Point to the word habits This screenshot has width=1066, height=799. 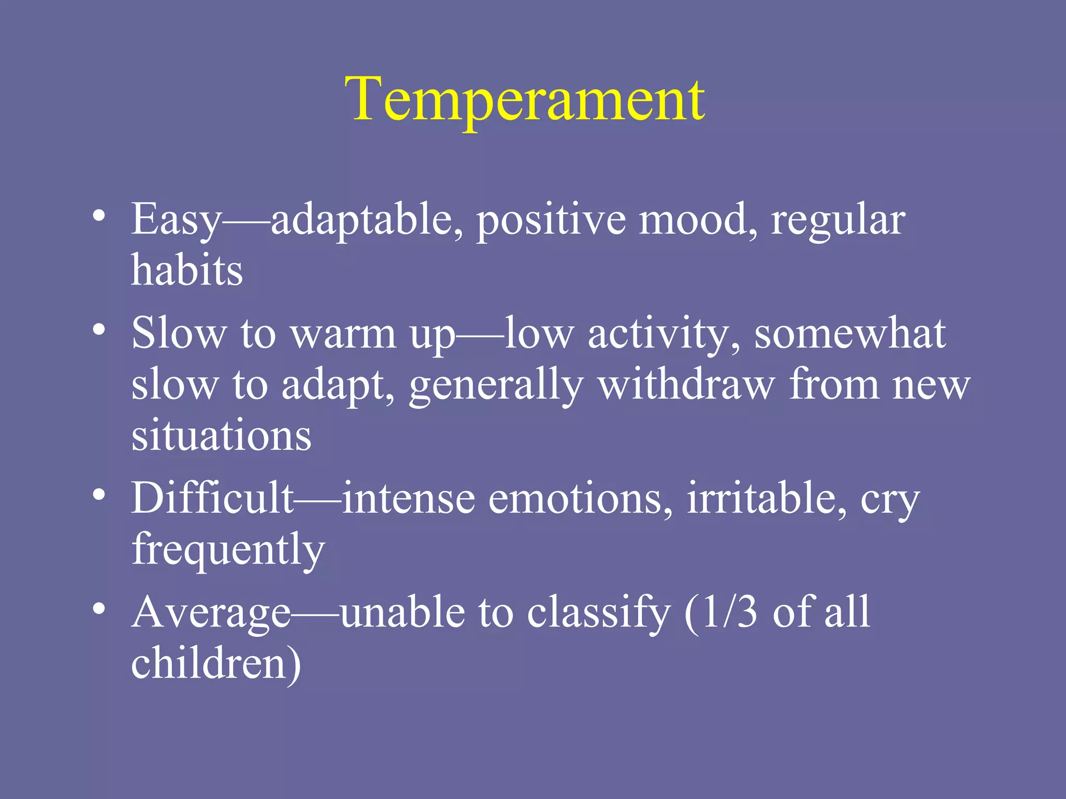(187, 270)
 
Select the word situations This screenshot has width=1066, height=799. (221, 435)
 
